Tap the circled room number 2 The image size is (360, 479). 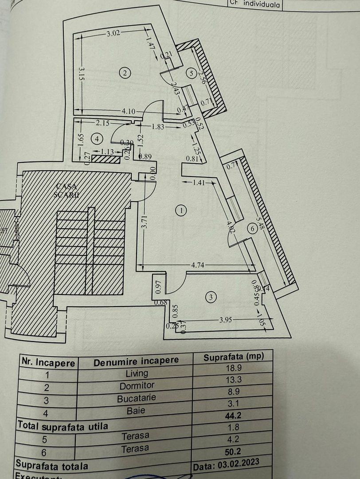coord(125,73)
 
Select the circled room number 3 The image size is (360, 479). coord(211,297)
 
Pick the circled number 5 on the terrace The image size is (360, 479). coord(191,74)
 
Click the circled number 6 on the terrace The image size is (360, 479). coord(252,229)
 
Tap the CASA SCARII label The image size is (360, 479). coord(67,190)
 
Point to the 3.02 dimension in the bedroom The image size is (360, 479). coord(114,32)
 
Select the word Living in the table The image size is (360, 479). coord(137,373)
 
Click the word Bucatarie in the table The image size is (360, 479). coord(137,398)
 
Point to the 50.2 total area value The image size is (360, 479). coord(234,451)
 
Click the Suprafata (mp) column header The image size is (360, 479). coord(231,357)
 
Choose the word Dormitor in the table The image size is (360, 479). coord(137,386)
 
